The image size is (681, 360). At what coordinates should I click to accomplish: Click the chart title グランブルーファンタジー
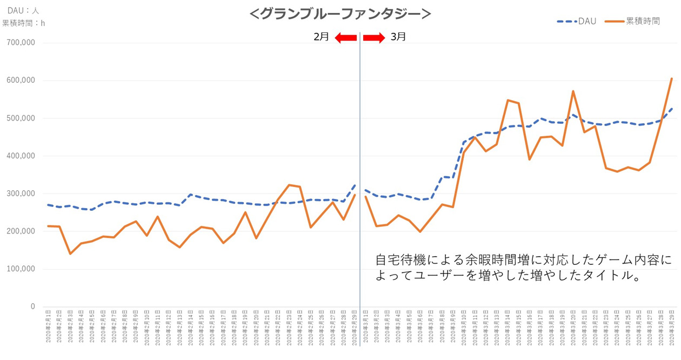(x=340, y=13)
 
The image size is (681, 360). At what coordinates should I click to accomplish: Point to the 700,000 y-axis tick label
(x=20, y=43)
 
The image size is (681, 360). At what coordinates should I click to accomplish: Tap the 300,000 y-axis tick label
(x=20, y=194)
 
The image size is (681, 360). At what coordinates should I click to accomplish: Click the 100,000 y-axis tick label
(x=20, y=269)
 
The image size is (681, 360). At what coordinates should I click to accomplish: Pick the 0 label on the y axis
(x=32, y=306)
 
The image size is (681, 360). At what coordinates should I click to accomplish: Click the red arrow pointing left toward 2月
(x=345, y=37)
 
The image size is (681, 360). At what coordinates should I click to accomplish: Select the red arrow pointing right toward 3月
(x=373, y=37)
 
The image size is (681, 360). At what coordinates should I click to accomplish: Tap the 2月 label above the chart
(x=321, y=37)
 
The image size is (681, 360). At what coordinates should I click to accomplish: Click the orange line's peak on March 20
(x=573, y=91)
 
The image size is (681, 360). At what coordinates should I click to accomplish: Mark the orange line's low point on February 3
(x=70, y=254)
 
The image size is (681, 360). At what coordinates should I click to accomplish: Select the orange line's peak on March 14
(x=508, y=100)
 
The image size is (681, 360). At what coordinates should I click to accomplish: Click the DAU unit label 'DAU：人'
(x=23, y=10)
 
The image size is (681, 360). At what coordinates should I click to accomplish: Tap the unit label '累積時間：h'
(x=24, y=23)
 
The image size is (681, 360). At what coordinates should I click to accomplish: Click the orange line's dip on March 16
(x=530, y=159)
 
